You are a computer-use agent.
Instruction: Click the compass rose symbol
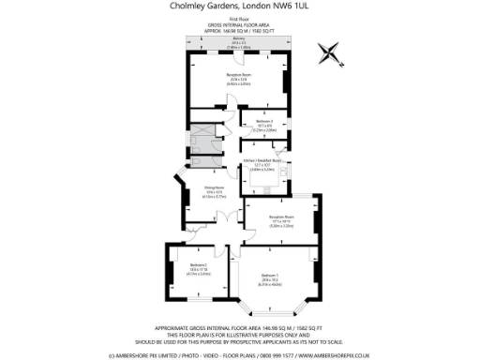tap(331, 52)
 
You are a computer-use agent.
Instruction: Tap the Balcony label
tap(240, 38)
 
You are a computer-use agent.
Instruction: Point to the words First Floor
tap(240, 18)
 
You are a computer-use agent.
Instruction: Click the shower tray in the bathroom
tap(201, 141)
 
